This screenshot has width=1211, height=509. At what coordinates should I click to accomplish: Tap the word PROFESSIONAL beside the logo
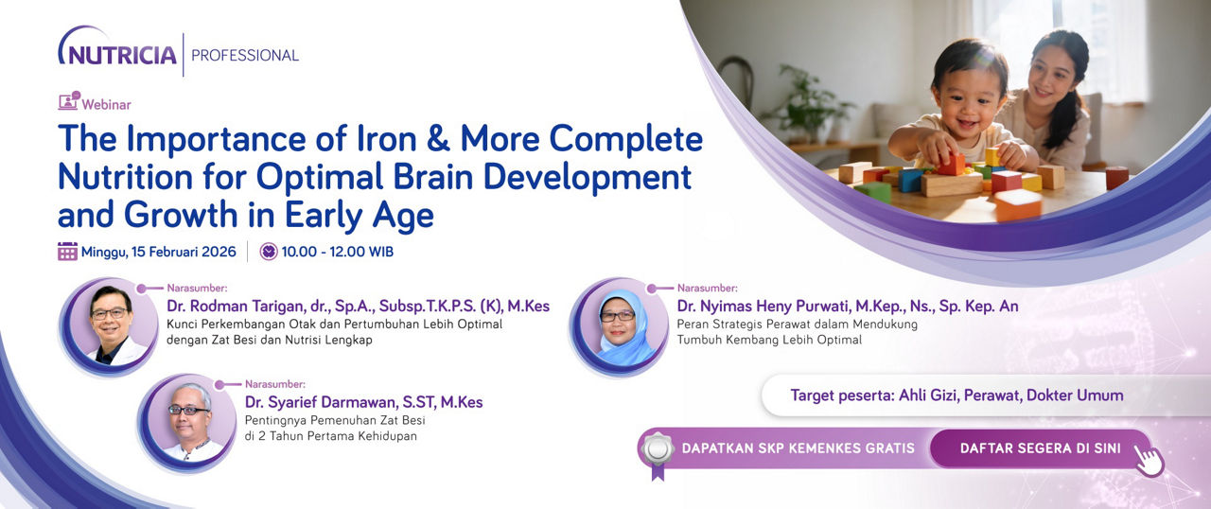[x=245, y=55]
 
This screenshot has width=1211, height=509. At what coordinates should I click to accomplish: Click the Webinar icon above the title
[x=69, y=101]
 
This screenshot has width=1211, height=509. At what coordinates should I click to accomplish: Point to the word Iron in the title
[x=387, y=139]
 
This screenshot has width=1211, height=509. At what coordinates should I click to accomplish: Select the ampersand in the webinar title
[x=438, y=139]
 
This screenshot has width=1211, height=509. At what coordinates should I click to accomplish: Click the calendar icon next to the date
[x=67, y=252]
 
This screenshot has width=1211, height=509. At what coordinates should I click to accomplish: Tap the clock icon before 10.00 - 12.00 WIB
[x=269, y=252]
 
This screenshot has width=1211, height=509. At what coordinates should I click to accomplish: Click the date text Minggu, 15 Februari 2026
[x=158, y=252]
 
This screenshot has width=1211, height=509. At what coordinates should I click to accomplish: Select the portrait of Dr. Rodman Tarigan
[x=109, y=325]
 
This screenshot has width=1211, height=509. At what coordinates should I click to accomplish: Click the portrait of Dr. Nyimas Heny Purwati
[x=619, y=325]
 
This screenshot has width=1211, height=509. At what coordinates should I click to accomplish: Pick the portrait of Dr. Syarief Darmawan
[x=187, y=422]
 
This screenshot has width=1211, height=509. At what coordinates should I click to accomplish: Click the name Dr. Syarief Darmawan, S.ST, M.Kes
[x=363, y=402]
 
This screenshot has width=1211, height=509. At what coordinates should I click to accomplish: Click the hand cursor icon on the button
[x=1149, y=461]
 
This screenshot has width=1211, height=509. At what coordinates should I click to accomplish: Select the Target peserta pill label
[x=957, y=395]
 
